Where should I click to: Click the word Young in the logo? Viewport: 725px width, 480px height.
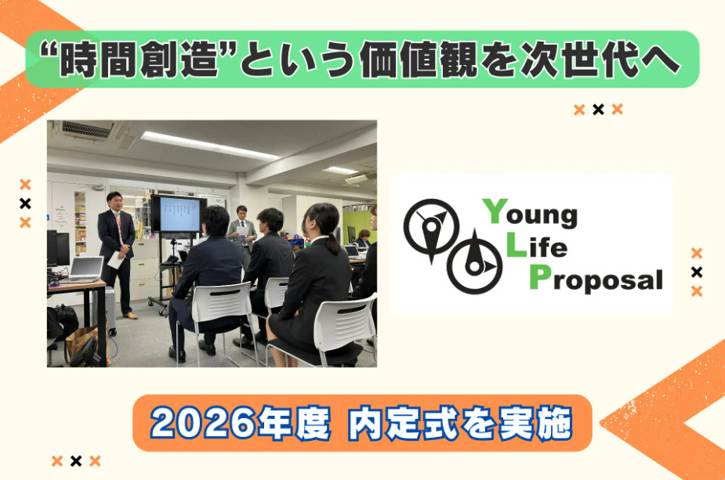click(x=531, y=214)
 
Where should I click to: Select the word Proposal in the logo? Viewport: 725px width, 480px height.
click(x=596, y=278)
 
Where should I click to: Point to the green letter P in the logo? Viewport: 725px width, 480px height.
click(x=540, y=276)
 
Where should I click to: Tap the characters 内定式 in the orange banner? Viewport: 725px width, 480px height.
click(x=403, y=423)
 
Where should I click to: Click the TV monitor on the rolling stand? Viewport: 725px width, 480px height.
click(x=179, y=214)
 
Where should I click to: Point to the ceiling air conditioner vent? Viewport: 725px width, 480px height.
click(x=87, y=129)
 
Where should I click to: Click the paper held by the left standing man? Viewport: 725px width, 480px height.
click(x=115, y=260)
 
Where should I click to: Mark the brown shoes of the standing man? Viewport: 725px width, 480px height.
click(x=130, y=316)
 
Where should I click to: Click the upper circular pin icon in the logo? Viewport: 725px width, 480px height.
click(x=431, y=228)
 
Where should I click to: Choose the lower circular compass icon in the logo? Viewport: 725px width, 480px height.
click(x=475, y=263)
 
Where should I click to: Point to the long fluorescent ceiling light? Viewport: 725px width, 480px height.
click(x=210, y=145)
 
